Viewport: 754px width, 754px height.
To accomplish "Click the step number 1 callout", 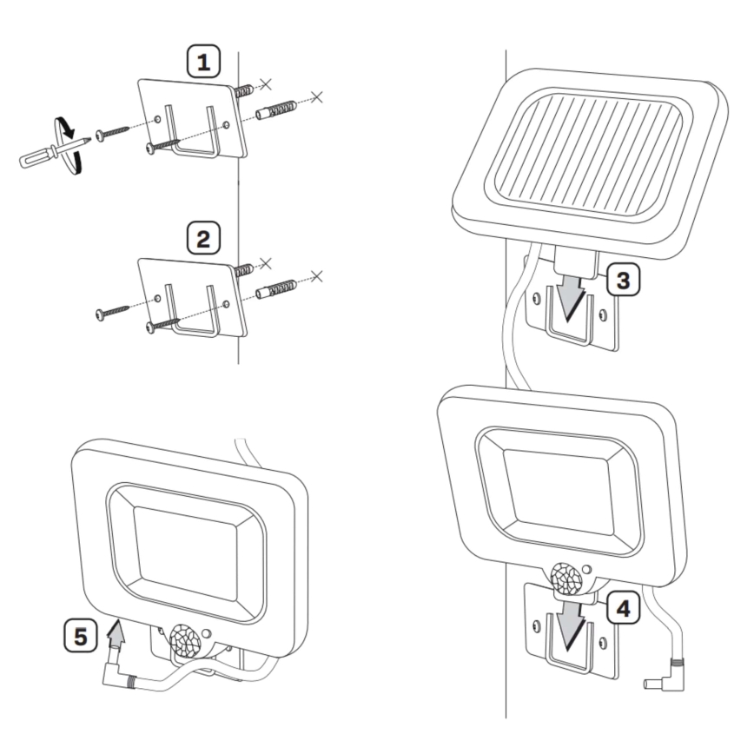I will (205, 63).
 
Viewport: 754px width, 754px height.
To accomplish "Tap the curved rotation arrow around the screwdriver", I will (64, 140).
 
